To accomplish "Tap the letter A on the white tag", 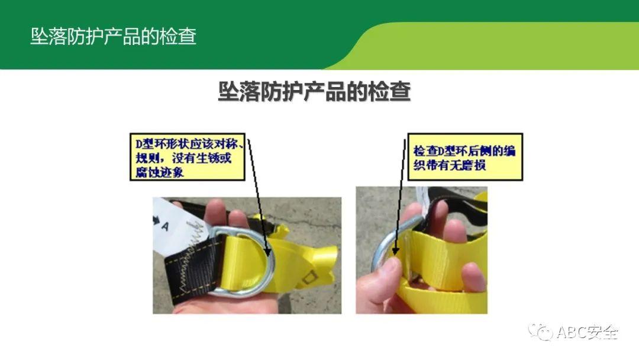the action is click(164, 226).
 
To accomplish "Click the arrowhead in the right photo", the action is click(394, 250).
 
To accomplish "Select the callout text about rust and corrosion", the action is click(188, 157).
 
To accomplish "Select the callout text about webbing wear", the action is click(464, 157).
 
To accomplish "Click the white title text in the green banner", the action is click(113, 36).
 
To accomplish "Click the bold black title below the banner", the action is click(314, 91).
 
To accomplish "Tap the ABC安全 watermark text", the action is click(588, 332).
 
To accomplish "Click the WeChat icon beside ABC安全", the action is click(541, 332).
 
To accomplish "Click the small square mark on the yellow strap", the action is click(310, 277).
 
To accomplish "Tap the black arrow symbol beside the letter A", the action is click(156, 220).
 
